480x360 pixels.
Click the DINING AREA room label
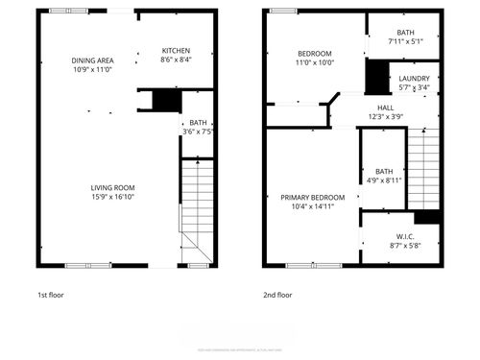pyautogui.click(x=92, y=60)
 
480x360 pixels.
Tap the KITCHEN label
pyautogui.click(x=176, y=50)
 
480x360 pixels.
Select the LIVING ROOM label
pyautogui.click(x=112, y=188)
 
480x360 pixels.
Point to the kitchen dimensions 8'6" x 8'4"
pyautogui.click(x=176, y=60)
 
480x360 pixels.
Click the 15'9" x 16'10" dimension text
pyautogui.click(x=112, y=198)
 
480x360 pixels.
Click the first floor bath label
pyautogui.click(x=199, y=122)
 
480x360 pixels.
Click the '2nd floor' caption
pyautogui.click(x=277, y=295)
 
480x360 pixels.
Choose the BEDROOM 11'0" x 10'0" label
pyautogui.click(x=314, y=53)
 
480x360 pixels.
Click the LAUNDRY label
pyautogui.click(x=414, y=78)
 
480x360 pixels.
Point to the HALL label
pyautogui.click(x=385, y=108)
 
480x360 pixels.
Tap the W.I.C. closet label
pyautogui.click(x=404, y=236)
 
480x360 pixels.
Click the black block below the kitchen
pyautogui.click(x=167, y=100)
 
